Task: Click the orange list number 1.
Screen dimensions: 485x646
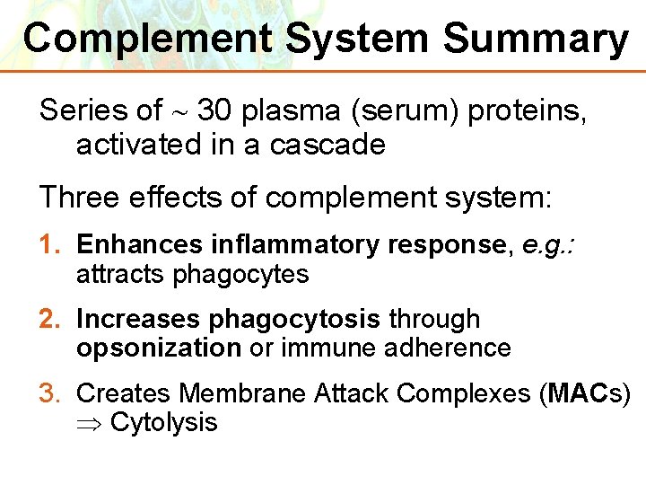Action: pos(50,244)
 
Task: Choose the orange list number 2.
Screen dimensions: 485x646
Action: pos(50,319)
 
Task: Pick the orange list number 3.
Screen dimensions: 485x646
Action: pos(50,392)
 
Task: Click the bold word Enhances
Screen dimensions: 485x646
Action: pos(140,244)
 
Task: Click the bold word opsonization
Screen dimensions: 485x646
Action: pos(159,348)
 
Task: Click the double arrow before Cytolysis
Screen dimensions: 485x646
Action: pos(90,422)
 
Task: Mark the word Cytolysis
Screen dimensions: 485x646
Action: pos(163,422)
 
